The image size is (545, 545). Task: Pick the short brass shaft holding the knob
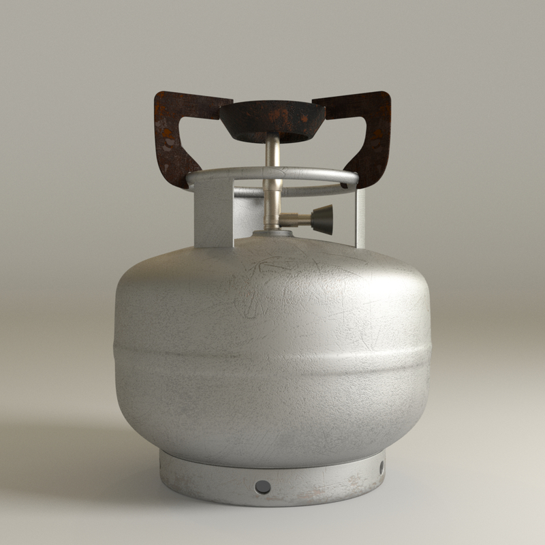pos(296,219)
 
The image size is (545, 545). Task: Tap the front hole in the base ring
pos(262,487)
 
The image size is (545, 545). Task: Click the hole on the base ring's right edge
pos(381,467)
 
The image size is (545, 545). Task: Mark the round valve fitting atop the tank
pos(272,234)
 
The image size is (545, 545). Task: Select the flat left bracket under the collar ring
pos(213,218)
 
